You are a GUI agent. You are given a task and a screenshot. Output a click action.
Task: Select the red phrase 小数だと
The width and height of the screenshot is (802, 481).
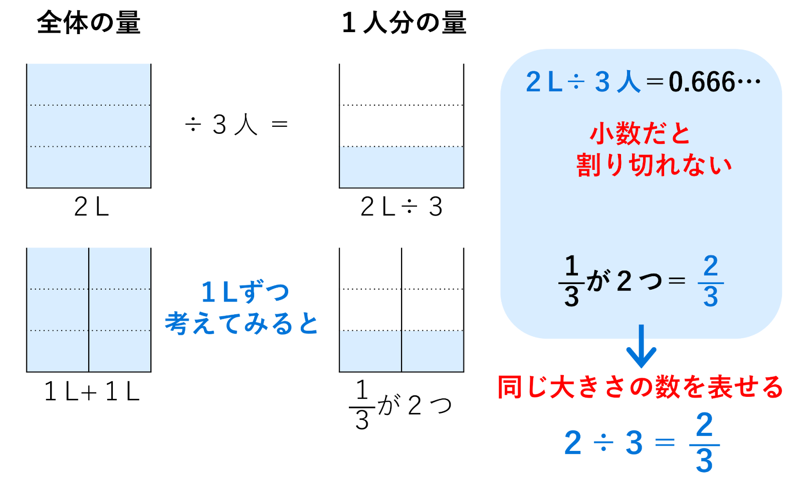[x=640, y=134]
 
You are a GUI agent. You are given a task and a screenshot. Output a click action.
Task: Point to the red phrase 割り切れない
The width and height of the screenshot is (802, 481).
[x=654, y=165]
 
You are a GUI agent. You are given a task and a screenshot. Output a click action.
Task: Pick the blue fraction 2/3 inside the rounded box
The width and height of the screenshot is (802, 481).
[x=710, y=282]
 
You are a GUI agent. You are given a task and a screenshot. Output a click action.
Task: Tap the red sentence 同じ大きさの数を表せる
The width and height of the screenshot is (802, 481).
[x=640, y=387]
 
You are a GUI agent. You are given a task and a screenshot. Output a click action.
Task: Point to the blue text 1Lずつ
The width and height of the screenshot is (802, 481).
[x=245, y=292]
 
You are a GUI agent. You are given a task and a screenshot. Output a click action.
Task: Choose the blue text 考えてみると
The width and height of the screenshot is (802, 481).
[x=242, y=324]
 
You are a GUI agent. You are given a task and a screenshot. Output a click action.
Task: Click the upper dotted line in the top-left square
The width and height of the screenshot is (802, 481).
[x=89, y=105]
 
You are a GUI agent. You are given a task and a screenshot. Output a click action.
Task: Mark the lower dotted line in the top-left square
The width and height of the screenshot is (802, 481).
[x=89, y=147]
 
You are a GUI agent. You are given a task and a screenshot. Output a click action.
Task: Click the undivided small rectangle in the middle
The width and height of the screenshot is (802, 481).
[x=401, y=167]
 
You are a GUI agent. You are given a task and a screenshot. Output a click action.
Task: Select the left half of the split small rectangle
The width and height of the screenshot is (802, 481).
[x=370, y=351]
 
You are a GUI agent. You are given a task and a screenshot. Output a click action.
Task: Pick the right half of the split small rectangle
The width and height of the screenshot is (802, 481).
[x=432, y=351]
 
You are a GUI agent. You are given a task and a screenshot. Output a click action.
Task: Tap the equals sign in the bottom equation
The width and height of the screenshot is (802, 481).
[x=665, y=443]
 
